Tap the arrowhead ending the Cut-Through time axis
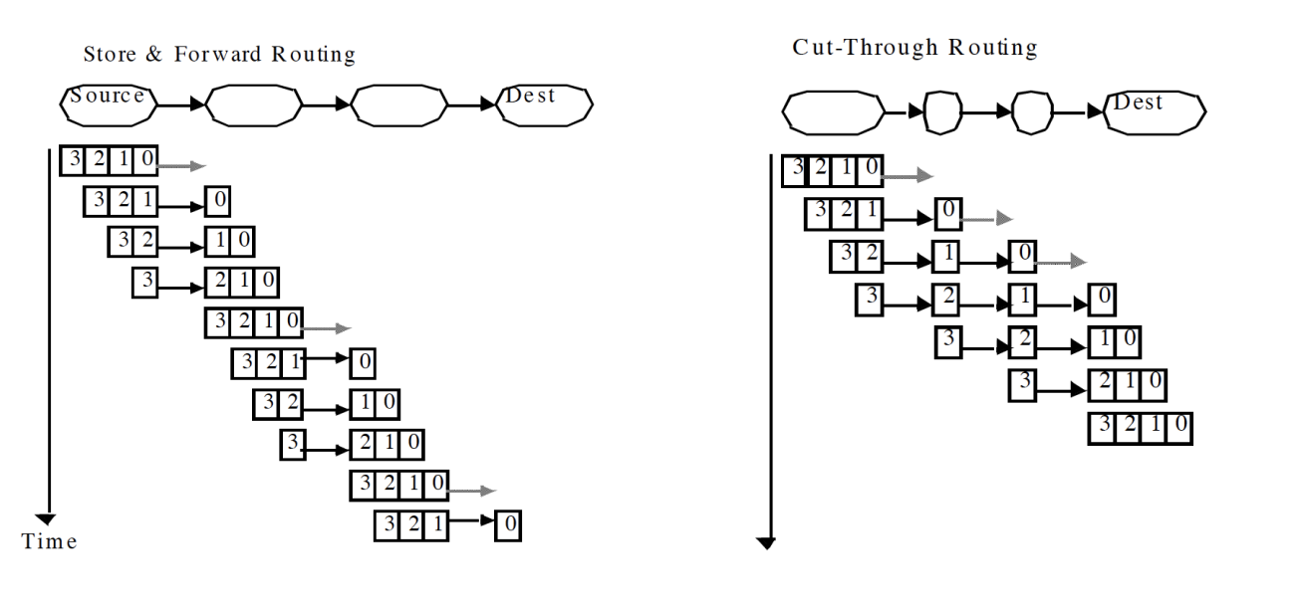pos(765,542)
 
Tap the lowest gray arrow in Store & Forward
pos(471,491)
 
